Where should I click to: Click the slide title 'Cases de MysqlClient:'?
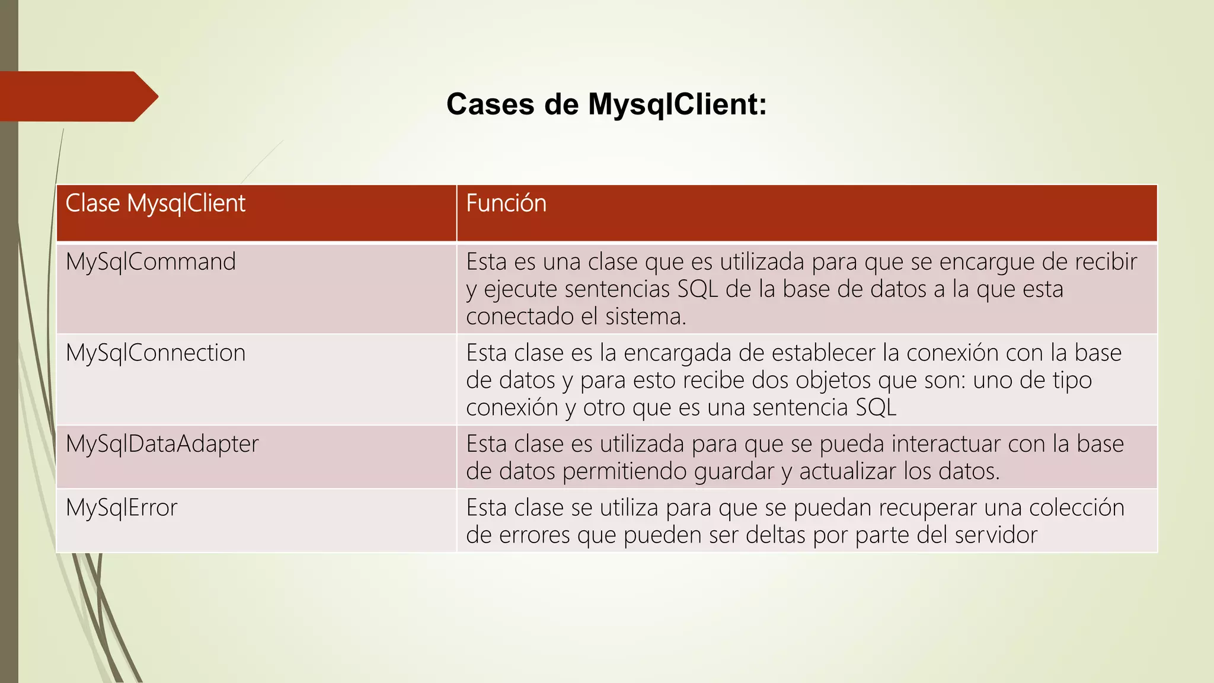606,104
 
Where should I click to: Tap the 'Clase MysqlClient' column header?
155,203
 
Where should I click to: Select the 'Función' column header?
506,203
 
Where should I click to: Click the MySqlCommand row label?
151,262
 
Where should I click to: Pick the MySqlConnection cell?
155,353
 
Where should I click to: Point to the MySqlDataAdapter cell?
162,444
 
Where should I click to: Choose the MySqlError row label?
122,508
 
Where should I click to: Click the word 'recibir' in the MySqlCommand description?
1106,262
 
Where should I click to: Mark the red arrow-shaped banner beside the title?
77,97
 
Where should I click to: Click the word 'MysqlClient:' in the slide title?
677,104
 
